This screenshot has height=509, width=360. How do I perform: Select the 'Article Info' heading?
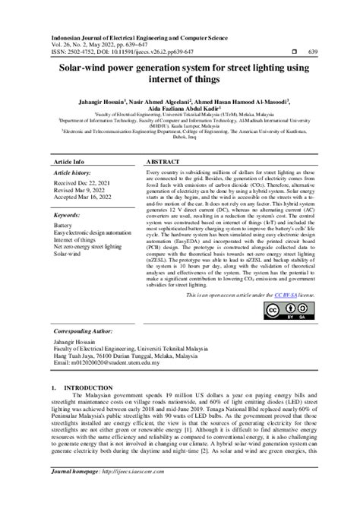[x=70, y=163]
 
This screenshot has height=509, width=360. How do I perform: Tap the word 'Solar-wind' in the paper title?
[x=83, y=68]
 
